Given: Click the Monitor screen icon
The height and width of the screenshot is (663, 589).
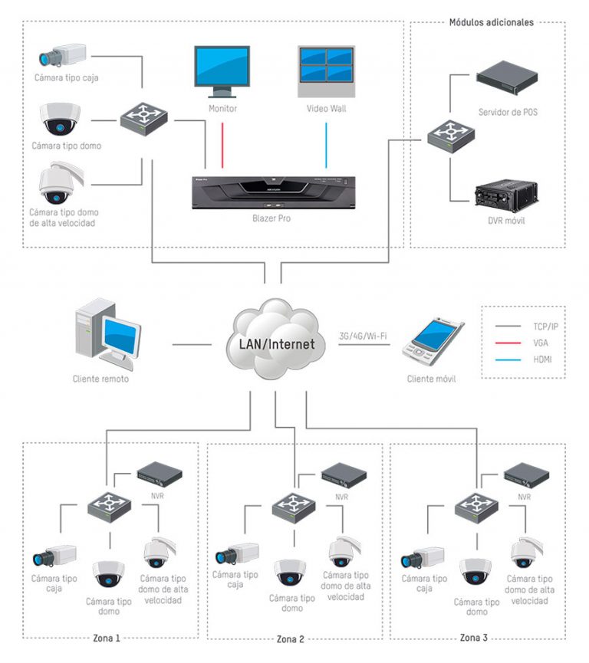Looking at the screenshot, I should [x=221, y=70].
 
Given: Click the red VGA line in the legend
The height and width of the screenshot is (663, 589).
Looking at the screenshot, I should [x=508, y=343].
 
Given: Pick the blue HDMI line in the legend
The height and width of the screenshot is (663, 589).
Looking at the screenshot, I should [x=508, y=359].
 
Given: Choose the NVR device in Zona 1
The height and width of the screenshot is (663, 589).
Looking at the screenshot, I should [x=160, y=475].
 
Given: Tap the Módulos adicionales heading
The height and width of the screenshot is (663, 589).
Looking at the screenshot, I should [x=491, y=22].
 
